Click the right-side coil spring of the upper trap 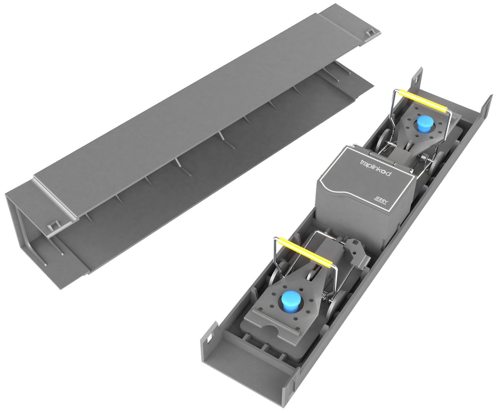(x=424, y=158)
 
